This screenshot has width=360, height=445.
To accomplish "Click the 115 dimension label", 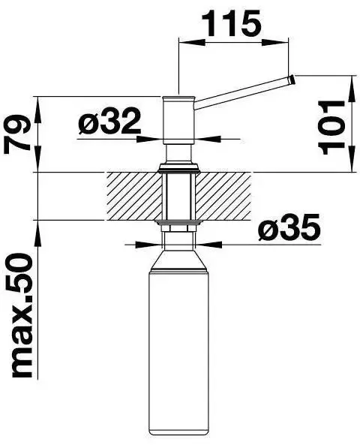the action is (x=231, y=23).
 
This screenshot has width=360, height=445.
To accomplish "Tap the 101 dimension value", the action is (x=331, y=128).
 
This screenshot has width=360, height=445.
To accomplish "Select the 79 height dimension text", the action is (x=17, y=134).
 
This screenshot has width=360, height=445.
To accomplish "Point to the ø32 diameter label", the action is (x=109, y=122).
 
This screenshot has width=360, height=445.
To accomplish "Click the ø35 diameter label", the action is (x=289, y=227).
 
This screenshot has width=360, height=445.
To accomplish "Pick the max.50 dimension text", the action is (x=22, y=316).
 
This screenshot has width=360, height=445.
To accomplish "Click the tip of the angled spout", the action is (x=292, y=80).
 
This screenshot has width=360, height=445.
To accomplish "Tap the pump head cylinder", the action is (x=178, y=121).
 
